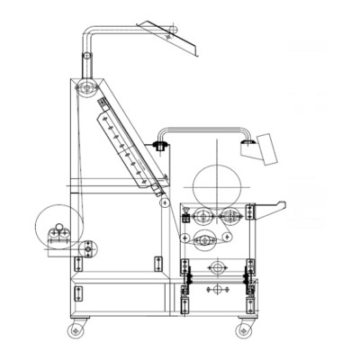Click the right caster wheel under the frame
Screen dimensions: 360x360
(242, 331)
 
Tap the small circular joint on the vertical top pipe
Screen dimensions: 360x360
(86, 60)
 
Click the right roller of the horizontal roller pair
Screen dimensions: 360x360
(230, 215)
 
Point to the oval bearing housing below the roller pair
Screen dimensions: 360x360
(206, 238)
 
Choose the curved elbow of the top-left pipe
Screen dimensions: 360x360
(91, 31)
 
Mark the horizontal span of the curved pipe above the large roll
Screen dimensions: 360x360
(202, 130)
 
